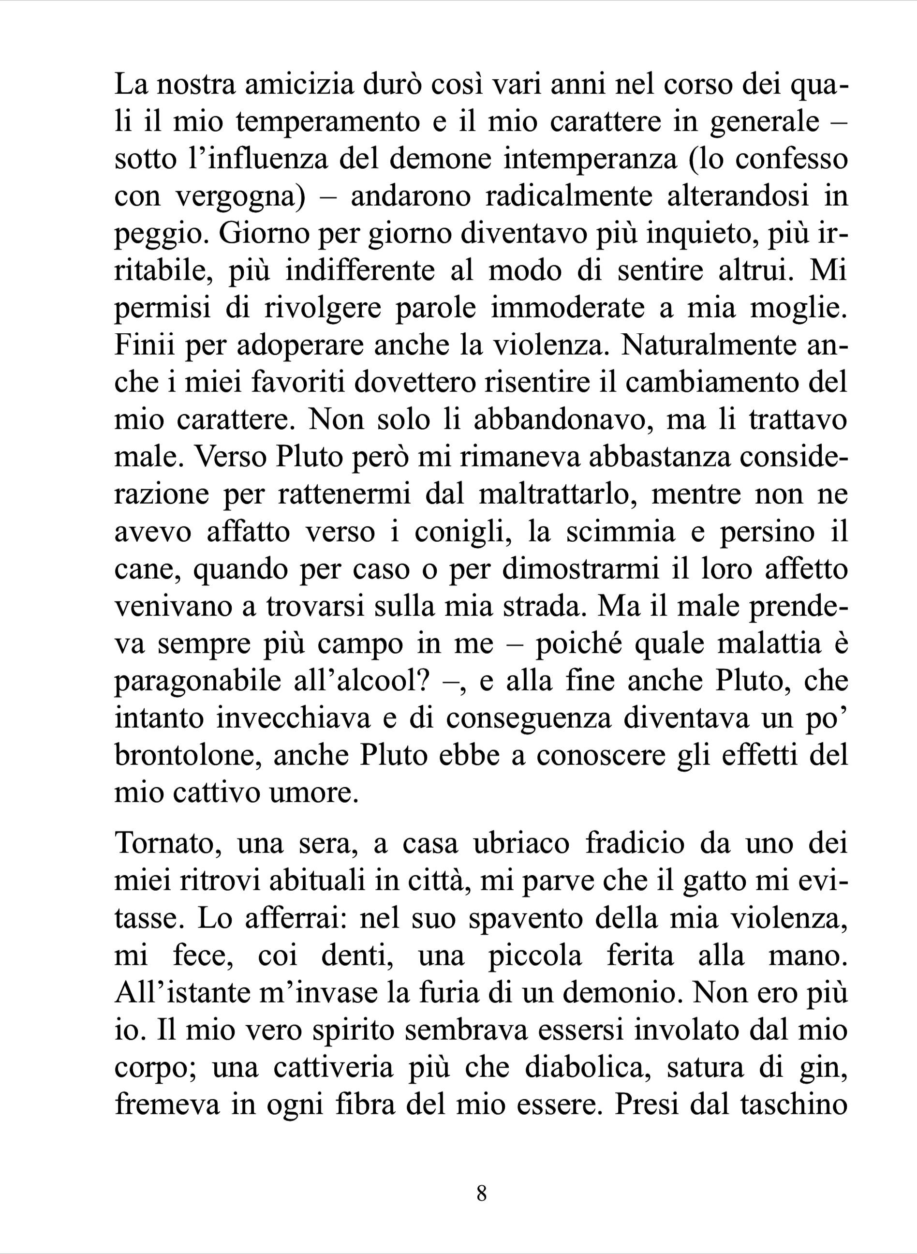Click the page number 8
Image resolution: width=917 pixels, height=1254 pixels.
(481, 1193)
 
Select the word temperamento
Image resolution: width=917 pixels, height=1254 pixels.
(327, 122)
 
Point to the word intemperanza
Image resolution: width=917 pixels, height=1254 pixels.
(590, 159)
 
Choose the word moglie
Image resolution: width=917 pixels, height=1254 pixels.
(799, 309)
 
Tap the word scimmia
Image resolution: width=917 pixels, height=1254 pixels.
(621, 532)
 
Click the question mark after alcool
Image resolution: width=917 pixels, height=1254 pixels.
(424, 681)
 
